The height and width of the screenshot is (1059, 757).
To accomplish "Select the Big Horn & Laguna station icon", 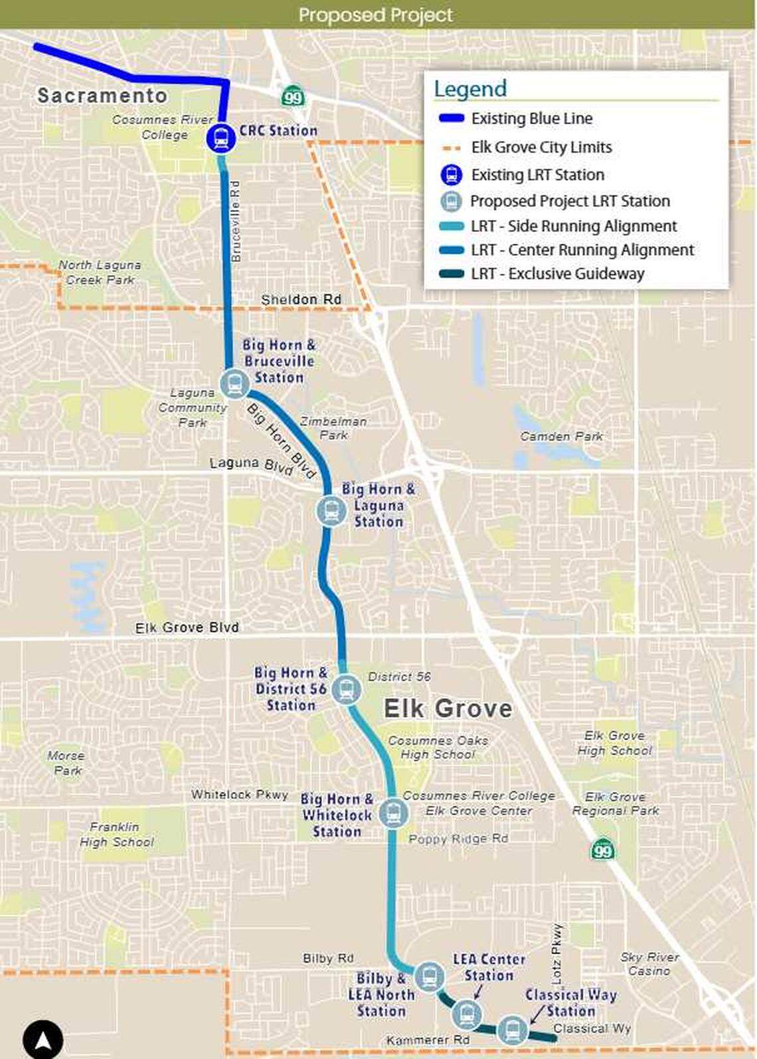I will (x=330, y=510).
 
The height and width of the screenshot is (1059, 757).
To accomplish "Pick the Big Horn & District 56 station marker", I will (x=346, y=690).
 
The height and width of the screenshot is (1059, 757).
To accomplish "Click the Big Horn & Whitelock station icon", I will (x=394, y=813).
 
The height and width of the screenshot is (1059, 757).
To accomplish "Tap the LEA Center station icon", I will (x=466, y=1014).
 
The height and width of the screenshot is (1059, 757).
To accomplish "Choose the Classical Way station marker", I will (x=512, y=1030).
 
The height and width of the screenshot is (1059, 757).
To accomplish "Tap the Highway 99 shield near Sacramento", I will (x=292, y=97).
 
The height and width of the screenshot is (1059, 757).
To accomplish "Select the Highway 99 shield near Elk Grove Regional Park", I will (x=602, y=848).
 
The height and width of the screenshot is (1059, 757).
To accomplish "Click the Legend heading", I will (x=470, y=88).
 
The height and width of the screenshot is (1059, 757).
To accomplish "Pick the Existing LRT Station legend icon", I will (x=452, y=175).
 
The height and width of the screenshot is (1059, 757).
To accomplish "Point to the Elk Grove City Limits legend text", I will (x=541, y=147).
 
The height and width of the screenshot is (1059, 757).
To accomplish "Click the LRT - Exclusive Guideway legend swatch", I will (x=452, y=274).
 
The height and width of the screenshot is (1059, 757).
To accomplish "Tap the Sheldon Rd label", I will (x=301, y=300).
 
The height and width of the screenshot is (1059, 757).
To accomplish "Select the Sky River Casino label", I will (x=649, y=964).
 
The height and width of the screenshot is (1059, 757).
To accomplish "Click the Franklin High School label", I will (x=117, y=834).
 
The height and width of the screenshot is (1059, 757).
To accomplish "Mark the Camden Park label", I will (x=561, y=436).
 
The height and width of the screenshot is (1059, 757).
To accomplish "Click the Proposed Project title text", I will (x=376, y=15).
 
